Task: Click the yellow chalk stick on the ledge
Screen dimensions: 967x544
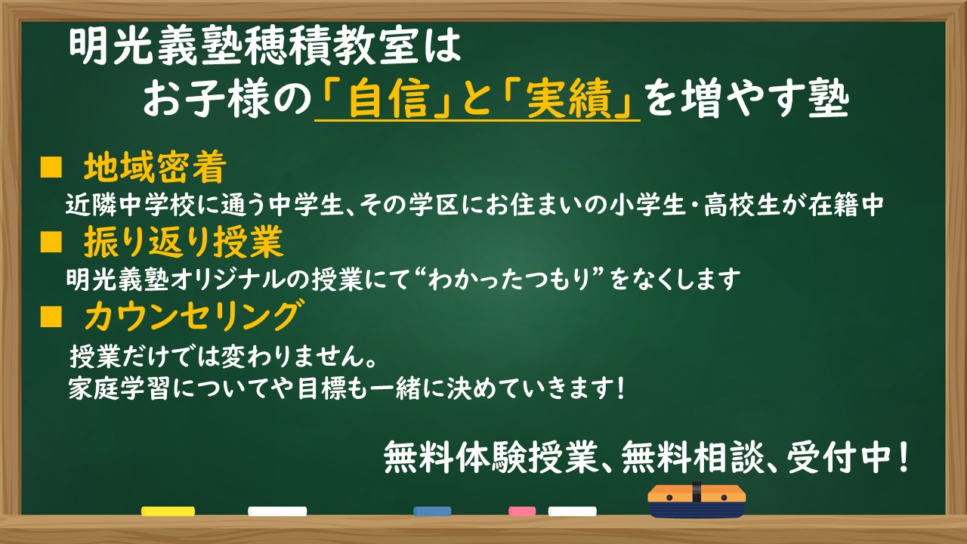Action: point(168,512)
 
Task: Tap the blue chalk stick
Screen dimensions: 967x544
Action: point(432,512)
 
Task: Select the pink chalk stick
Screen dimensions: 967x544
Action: point(522,512)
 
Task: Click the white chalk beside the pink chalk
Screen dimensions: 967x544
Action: point(573,512)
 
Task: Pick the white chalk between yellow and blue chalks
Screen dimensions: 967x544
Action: point(277,512)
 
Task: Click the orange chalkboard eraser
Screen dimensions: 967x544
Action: point(697,501)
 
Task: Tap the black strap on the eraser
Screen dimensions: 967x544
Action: point(697,492)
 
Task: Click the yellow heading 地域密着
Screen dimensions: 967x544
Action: point(155,168)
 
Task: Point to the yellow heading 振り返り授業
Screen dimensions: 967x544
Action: point(184,242)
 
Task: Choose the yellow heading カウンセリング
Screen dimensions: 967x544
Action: point(192,316)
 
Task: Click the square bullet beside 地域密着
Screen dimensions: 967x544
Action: point(51,168)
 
